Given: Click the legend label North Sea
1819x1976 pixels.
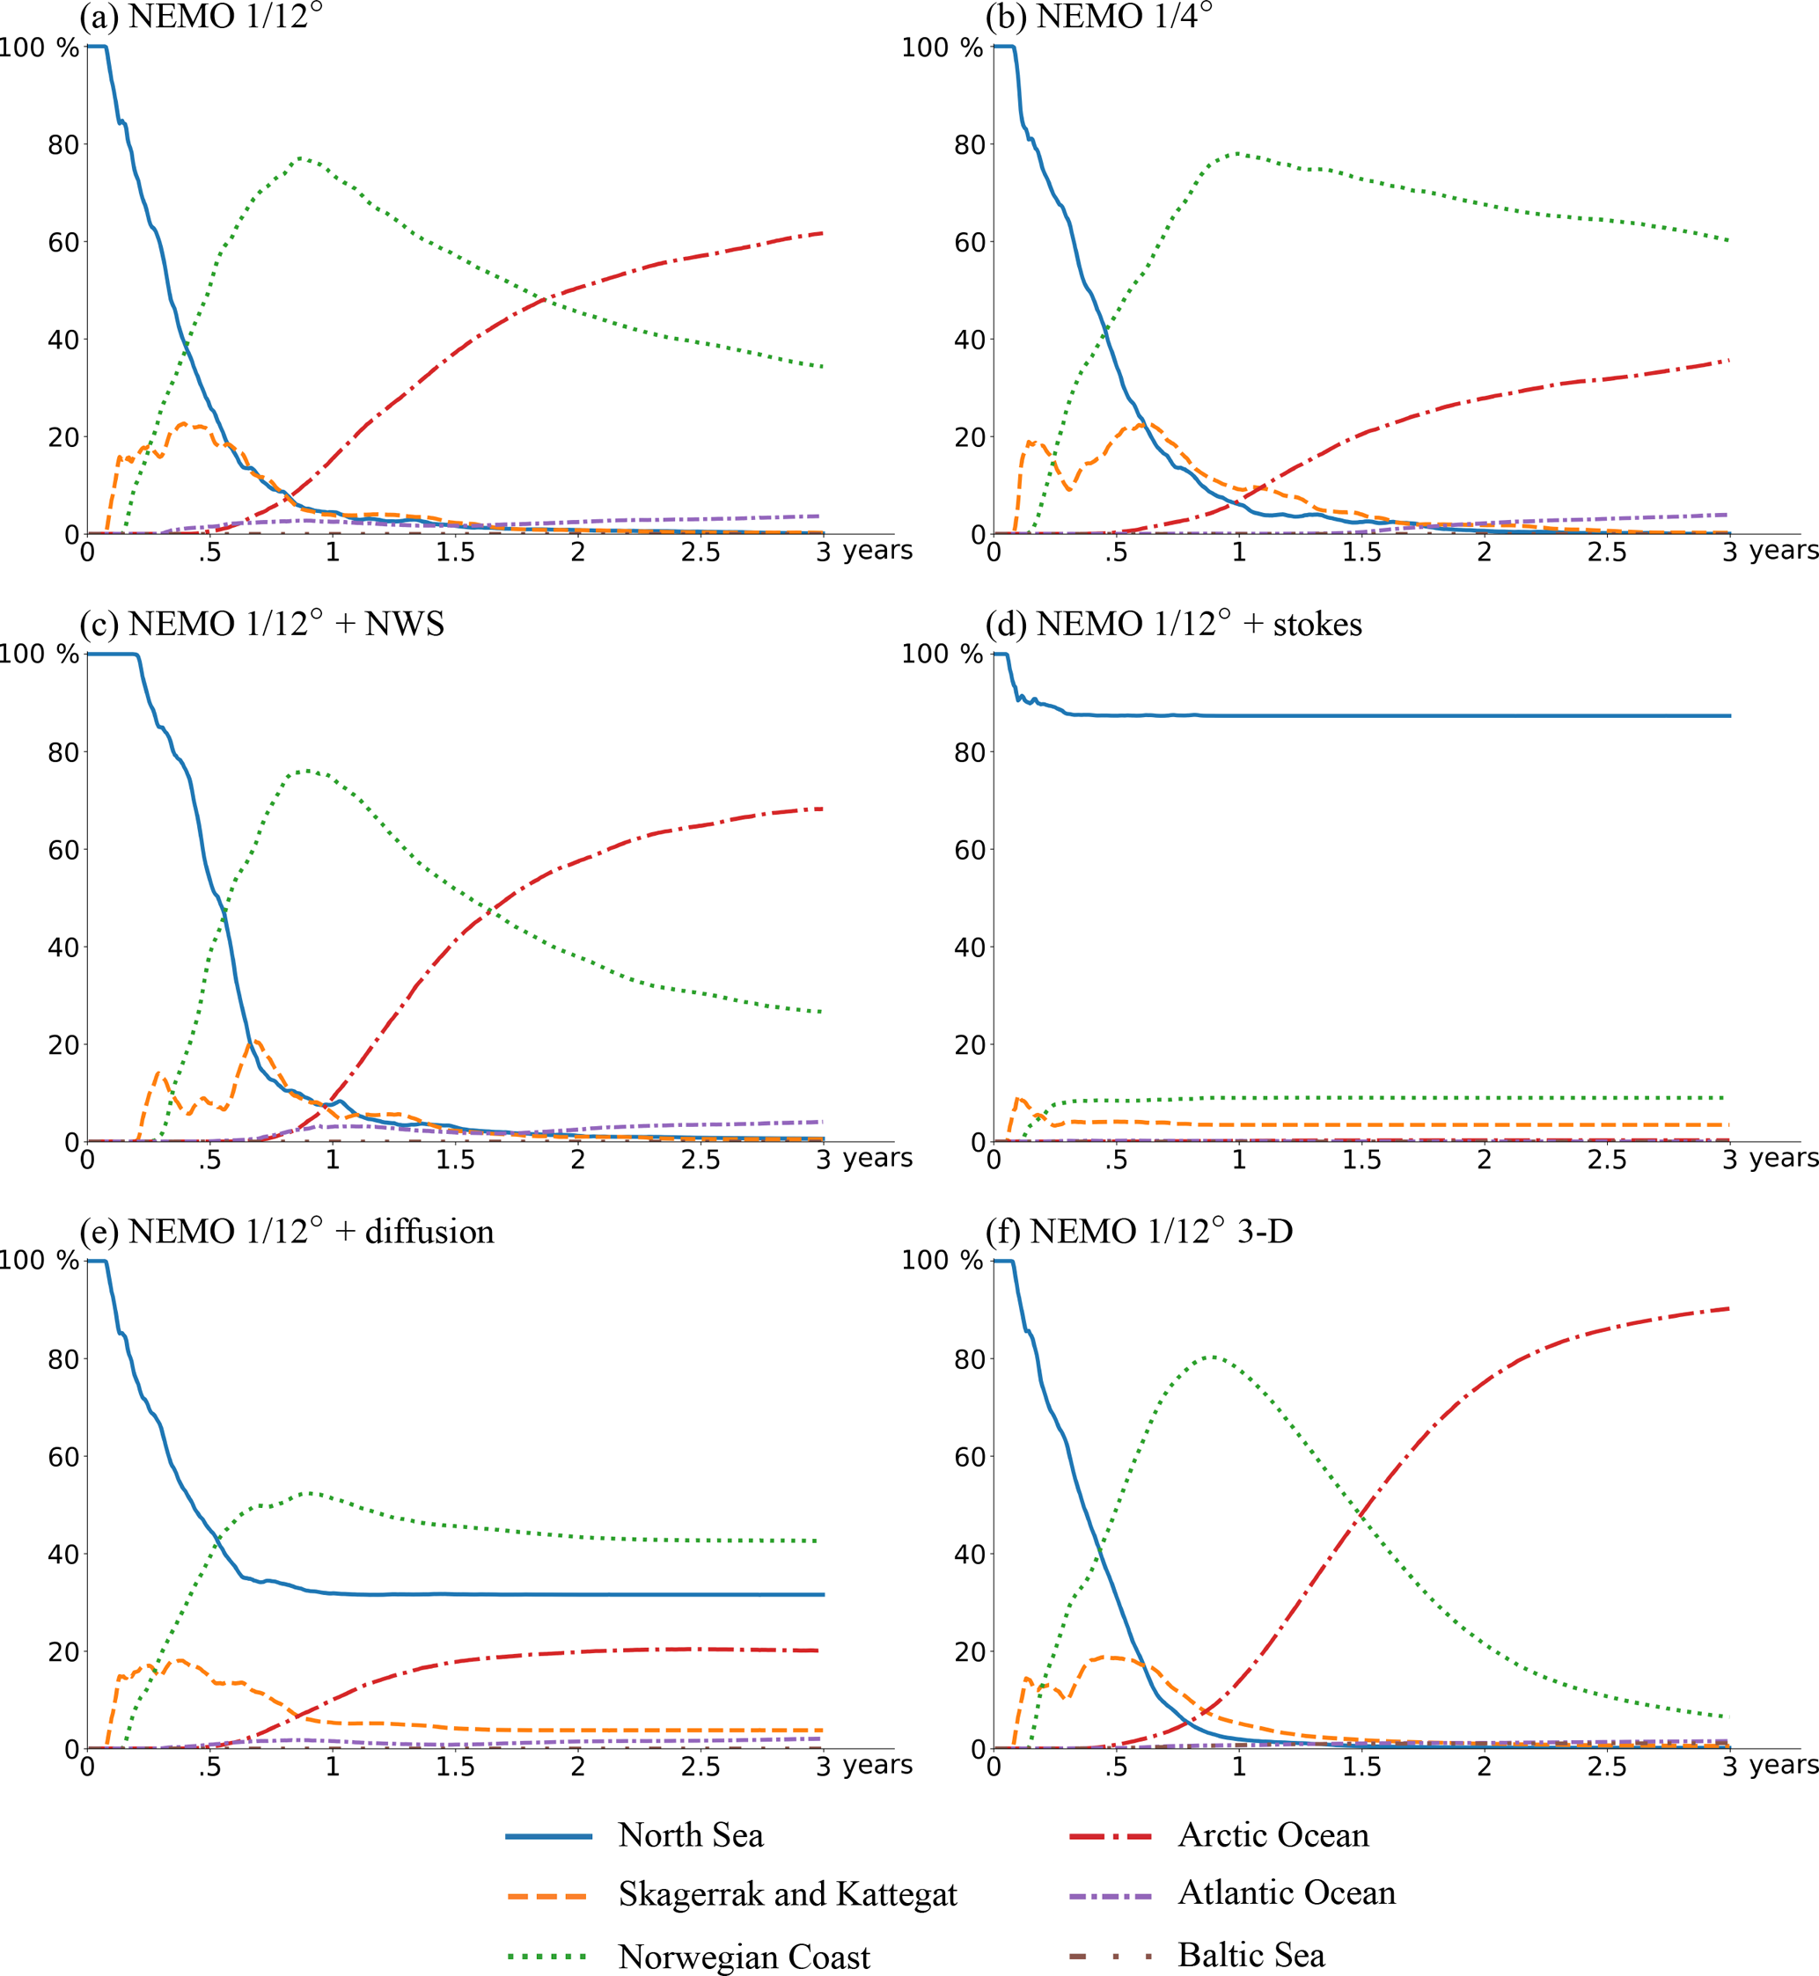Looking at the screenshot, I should click(x=690, y=1835).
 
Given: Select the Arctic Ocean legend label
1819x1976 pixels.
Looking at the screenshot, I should click(x=1273, y=1835).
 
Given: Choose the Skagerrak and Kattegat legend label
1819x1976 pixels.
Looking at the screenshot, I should click(x=788, y=1894).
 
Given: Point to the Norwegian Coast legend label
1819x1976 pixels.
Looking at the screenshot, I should click(x=744, y=1957).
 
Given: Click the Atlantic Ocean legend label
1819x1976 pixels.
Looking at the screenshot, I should click(x=1287, y=1893).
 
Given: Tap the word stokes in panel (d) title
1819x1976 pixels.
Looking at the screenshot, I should click(x=1317, y=625).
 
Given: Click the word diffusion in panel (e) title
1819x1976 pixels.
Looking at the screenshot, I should click(x=429, y=1232).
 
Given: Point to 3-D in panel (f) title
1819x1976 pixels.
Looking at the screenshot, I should click(x=1265, y=1231).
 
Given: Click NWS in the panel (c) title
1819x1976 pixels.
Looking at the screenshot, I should click(x=405, y=624).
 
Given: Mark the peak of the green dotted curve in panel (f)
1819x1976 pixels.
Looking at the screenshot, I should click(x=1210, y=1357).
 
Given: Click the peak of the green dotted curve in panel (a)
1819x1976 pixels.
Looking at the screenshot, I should click(x=300, y=157).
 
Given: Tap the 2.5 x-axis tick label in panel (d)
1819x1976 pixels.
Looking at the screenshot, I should click(x=1606, y=1160).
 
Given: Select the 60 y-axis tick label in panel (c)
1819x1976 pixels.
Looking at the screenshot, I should click(x=63, y=850).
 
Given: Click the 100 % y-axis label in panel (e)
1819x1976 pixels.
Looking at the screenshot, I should click(x=38, y=1261).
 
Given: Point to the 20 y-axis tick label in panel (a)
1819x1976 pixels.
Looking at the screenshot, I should click(x=63, y=437).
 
